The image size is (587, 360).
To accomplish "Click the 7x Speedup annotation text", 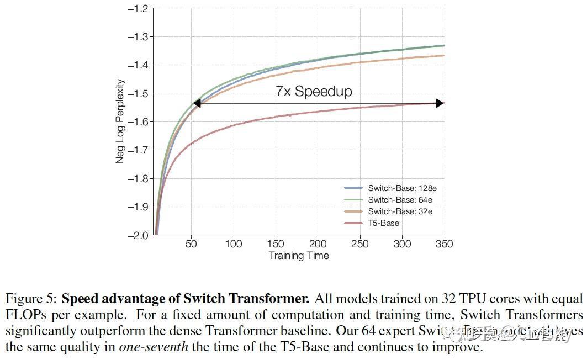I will (314, 91).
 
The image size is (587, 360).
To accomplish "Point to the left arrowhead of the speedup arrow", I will (197, 103).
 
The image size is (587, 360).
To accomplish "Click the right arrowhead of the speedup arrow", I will (440, 103).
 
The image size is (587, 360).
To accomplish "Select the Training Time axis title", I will (299, 256).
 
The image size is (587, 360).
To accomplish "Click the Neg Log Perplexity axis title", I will (120, 121).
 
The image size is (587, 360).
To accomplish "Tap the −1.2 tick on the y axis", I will (138, 9).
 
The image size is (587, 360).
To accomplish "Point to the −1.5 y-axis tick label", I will (138, 94).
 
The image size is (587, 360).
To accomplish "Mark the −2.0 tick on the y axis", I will (138, 235).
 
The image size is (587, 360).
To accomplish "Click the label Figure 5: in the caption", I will (31, 299).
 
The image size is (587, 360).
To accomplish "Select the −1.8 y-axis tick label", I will (138, 178).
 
